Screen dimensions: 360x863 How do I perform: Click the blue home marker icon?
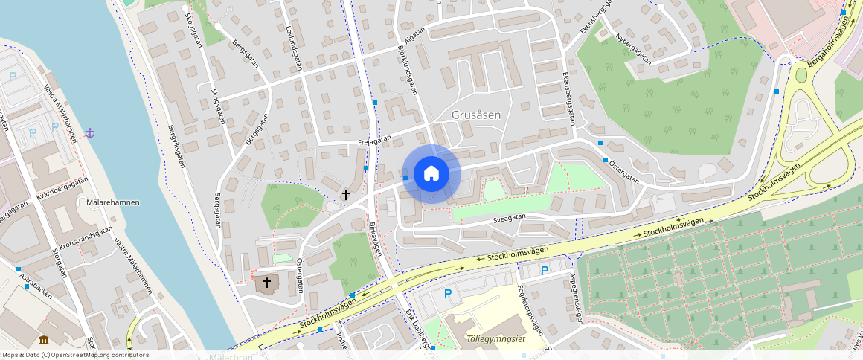pos(431,174)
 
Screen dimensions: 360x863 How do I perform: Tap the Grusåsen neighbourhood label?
pos(476,115)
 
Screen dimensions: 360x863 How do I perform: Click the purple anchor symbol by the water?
pos(90,132)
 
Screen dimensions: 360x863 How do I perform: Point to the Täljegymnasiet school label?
pos(495,338)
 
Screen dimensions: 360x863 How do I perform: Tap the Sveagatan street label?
pos(509,217)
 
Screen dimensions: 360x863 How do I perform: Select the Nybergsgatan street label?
pos(632,48)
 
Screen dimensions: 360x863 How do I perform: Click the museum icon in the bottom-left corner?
pos(44,340)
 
